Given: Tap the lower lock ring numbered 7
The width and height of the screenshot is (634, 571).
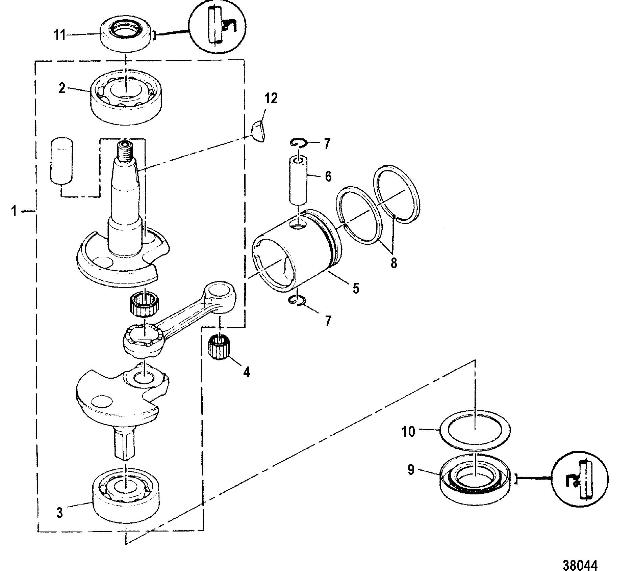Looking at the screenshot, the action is point(298,300).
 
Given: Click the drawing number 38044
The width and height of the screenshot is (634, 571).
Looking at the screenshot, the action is point(580,555).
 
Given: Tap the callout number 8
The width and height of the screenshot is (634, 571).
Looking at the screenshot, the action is point(394,262).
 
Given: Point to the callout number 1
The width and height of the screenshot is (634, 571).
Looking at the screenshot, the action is point(14,212).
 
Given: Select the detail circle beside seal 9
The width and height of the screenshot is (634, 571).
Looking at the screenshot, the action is point(580,479).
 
